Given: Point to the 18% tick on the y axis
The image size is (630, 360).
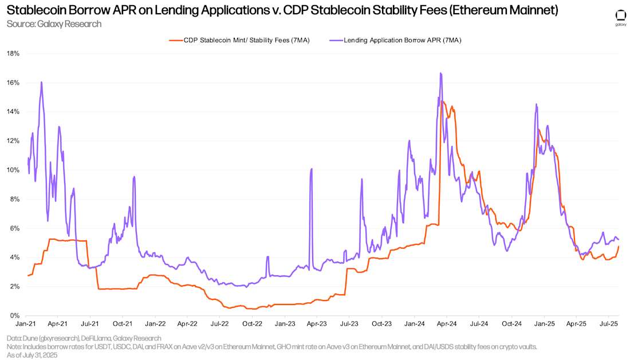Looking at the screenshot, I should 13,53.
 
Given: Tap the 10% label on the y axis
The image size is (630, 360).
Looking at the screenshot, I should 13,170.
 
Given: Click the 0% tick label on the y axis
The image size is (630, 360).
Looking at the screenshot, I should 15,315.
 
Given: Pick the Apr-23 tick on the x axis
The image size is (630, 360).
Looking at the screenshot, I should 317,324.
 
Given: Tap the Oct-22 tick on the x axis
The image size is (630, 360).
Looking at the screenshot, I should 253,324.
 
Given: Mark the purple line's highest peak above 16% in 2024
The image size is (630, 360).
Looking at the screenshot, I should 440,73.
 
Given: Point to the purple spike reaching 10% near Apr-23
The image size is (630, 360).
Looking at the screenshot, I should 311,169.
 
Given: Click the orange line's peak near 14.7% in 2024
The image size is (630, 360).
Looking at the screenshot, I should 442,102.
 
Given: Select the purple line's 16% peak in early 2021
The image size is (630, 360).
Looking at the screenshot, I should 42,82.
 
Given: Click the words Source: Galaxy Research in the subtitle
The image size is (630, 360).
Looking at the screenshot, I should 54,24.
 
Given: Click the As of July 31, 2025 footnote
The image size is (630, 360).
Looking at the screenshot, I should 32,355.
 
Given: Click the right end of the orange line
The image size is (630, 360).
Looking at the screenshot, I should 619,246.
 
